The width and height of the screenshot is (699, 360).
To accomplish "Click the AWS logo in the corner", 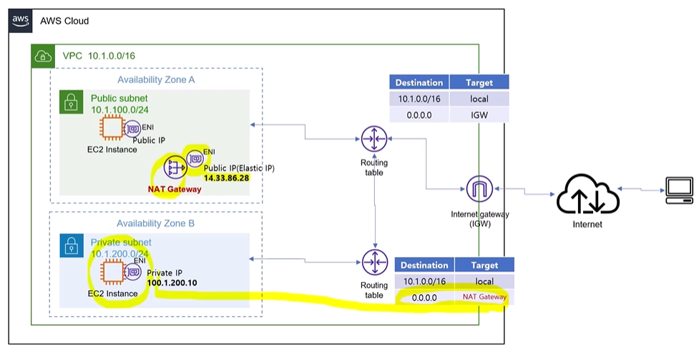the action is coord(21,21).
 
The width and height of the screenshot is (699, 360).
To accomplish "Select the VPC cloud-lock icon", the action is coord(43,57).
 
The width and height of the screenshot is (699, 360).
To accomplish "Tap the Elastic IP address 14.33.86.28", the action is coord(227,178).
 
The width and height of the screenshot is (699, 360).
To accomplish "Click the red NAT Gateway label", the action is coord(175,189).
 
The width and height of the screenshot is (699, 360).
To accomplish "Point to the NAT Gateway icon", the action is coord(175,167).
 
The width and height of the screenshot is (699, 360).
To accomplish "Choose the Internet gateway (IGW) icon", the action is coord(479,189).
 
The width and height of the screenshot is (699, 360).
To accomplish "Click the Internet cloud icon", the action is coord(587,195).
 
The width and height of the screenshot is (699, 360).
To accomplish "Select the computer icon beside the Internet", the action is coord(680,190).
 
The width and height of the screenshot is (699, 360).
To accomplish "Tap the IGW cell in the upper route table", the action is coord(479,115).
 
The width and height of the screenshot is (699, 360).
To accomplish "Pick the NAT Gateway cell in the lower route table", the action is coord(484,296).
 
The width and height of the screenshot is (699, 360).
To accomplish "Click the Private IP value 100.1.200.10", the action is coord(172,283).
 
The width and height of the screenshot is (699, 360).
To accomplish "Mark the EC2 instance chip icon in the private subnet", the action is coord(112,272).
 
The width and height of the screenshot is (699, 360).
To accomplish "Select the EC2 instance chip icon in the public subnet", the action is coord(112,128).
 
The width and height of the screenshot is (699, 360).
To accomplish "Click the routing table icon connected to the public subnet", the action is coord(374,139).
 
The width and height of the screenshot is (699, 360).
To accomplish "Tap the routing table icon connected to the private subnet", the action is coord(375,262).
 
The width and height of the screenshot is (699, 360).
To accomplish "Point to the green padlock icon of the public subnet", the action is coord(72,102).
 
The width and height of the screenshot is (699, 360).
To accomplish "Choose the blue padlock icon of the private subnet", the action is coord(72,245).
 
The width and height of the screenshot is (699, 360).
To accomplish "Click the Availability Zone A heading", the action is coord(156,80).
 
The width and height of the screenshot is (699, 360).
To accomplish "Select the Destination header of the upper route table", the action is coord(419,82).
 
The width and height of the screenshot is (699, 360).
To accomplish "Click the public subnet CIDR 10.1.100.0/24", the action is coord(119,110).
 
